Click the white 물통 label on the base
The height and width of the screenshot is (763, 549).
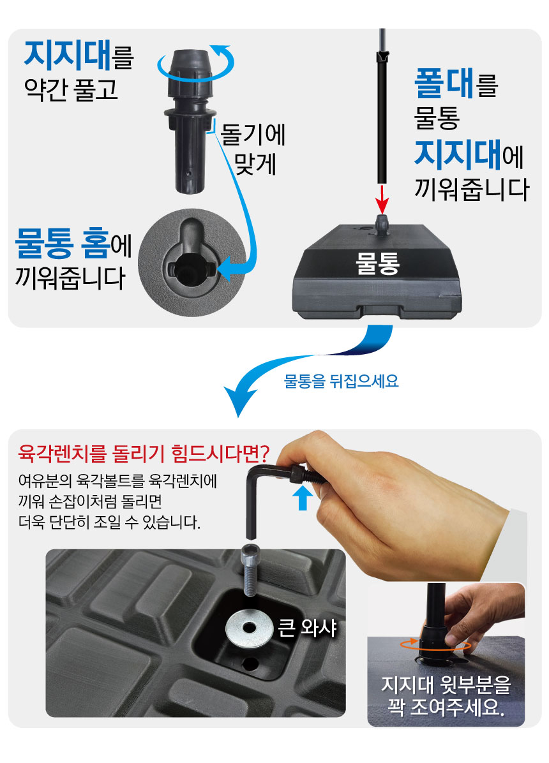tap(378, 263)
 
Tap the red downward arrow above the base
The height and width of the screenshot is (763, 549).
tap(382, 198)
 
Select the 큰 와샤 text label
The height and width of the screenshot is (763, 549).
tap(308, 628)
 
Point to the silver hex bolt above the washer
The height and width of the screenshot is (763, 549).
tap(249, 570)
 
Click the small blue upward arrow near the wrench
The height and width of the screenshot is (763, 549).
tap(303, 498)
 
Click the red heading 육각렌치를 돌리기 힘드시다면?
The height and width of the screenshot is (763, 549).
tap(144, 454)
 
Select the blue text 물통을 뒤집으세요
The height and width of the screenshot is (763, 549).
tap(341, 380)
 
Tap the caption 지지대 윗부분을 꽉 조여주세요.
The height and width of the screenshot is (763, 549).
tap(446, 696)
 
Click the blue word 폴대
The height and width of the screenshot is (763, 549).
tap(444, 83)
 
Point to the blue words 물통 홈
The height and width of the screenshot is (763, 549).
tap(63, 243)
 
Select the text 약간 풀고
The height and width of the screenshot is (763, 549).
tap(71, 89)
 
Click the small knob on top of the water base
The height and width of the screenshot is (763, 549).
tap(382, 225)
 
